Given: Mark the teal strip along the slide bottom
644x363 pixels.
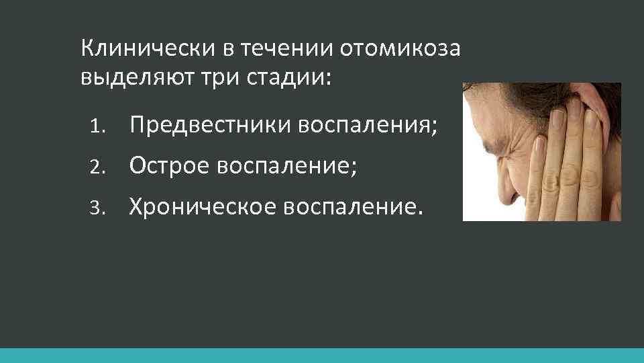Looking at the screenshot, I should click(322, 356).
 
